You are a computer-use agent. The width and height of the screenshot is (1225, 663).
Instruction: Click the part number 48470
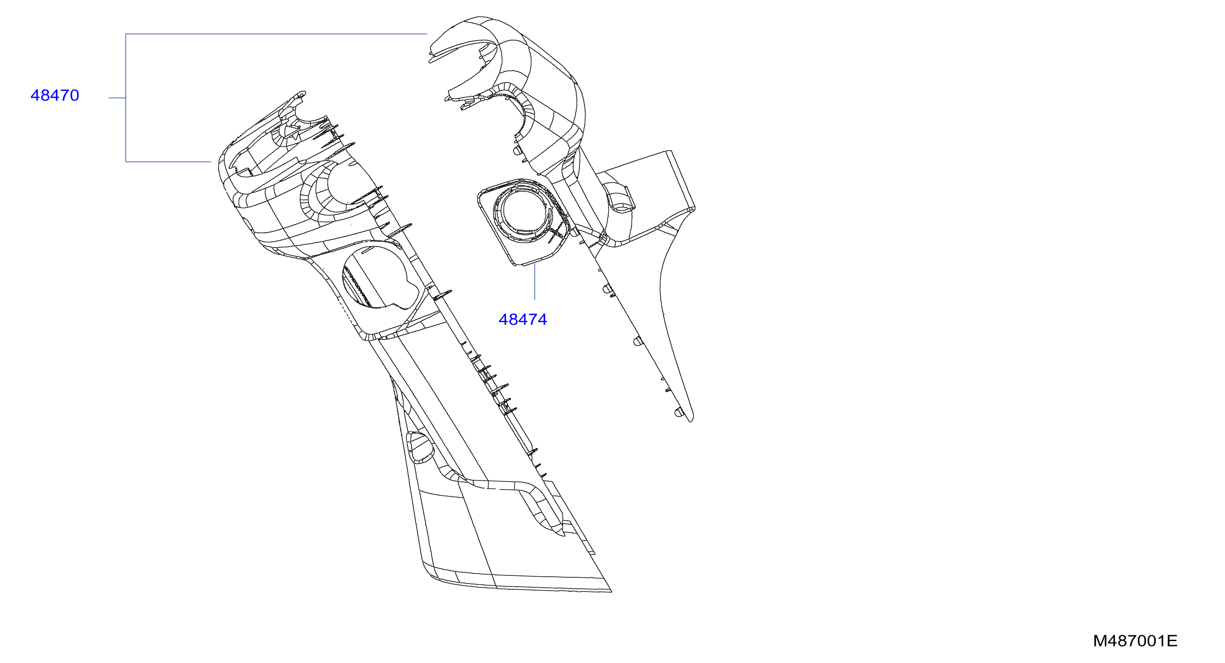(55, 96)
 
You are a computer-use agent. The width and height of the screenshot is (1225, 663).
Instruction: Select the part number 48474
(523, 319)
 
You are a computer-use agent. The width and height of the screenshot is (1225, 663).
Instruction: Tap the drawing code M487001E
(1135, 641)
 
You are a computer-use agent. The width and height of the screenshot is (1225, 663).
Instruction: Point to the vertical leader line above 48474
(535, 282)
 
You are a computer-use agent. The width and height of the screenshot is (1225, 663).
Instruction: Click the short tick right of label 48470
(117, 98)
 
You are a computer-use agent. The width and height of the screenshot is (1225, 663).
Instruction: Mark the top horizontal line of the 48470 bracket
(276, 34)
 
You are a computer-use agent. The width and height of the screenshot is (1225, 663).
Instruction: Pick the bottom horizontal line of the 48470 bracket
(169, 162)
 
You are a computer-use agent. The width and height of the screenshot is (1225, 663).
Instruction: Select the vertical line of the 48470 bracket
(126, 98)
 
